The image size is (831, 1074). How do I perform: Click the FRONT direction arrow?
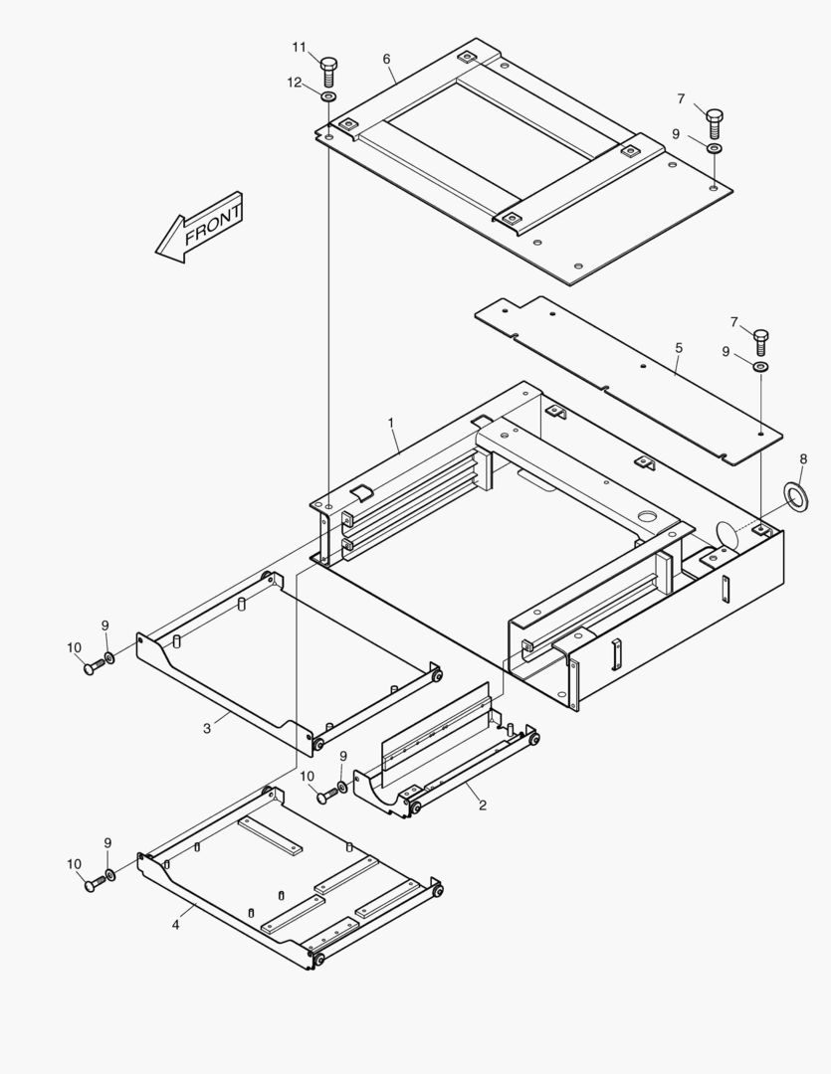pyautogui.click(x=199, y=228)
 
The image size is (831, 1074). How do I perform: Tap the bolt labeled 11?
pyautogui.click(x=329, y=71)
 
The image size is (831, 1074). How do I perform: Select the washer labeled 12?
pyautogui.click(x=328, y=96)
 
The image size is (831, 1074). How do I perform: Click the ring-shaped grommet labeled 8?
pyautogui.click(x=796, y=494)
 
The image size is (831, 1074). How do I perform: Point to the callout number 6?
pyautogui.click(x=386, y=59)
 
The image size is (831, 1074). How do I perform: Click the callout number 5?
pyautogui.click(x=679, y=348)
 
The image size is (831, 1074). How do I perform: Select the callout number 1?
pyautogui.click(x=391, y=423)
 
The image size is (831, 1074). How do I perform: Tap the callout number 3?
pyautogui.click(x=207, y=728)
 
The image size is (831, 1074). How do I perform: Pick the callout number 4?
pyautogui.click(x=176, y=924)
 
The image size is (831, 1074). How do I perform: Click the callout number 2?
pyautogui.click(x=483, y=805)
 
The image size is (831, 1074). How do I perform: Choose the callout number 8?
pyautogui.click(x=803, y=458)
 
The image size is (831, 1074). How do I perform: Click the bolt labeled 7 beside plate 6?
pyautogui.click(x=715, y=122)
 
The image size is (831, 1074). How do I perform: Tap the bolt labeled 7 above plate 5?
pyautogui.click(x=761, y=341)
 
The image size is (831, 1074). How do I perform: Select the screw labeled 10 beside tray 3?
pyautogui.click(x=94, y=667)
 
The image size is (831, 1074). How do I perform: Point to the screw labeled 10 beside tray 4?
pyautogui.click(x=95, y=883)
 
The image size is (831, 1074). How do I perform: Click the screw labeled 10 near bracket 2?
pyautogui.click(x=327, y=795)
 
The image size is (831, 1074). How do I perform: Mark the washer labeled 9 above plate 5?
pyautogui.click(x=760, y=368)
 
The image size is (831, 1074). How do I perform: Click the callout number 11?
pyautogui.click(x=300, y=47)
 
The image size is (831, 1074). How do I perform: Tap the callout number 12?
pyautogui.click(x=295, y=83)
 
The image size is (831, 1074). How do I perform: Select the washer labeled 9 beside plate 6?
pyautogui.click(x=714, y=148)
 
